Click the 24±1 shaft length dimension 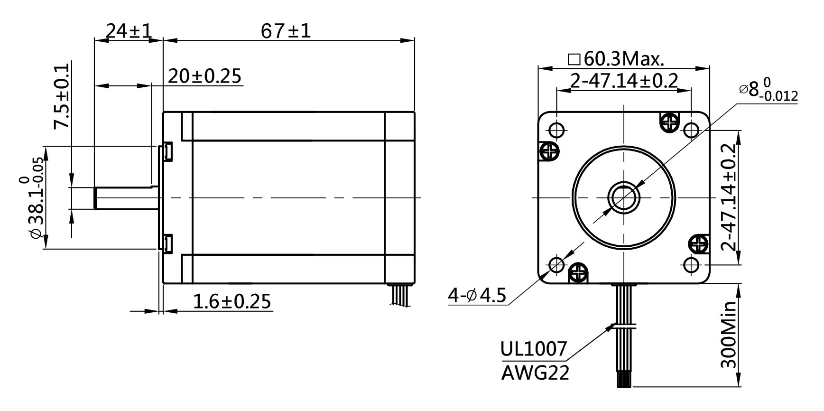[128, 31]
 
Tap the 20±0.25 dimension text [204, 76]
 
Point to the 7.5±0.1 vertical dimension [62, 97]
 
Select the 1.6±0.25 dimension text [232, 301]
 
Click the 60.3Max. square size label [617, 59]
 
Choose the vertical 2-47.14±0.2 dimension [728, 196]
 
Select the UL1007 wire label [534, 349]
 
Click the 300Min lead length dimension [728, 335]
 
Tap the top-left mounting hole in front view [557, 130]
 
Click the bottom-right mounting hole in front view [691, 264]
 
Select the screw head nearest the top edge [670, 122]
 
